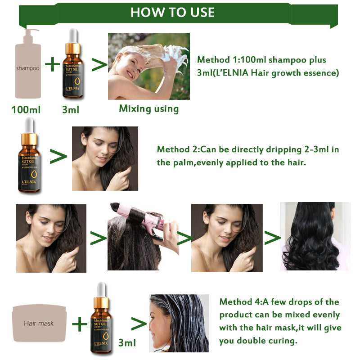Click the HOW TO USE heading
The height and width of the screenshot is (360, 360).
[172, 12]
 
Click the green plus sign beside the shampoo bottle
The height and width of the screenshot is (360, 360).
[53, 65]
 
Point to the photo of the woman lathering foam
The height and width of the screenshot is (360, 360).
[148, 66]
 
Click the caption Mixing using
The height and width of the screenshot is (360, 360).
[148, 108]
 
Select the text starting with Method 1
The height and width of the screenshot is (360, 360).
[268, 66]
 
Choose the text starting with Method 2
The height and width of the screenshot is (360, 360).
[248, 156]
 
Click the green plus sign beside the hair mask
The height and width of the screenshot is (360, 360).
[79, 323]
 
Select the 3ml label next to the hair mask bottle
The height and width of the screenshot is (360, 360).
[126, 343]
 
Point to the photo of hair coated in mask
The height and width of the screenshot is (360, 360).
[179, 323]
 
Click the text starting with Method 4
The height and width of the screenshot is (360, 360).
[279, 321]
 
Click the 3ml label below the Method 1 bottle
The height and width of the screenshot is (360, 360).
[71, 109]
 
